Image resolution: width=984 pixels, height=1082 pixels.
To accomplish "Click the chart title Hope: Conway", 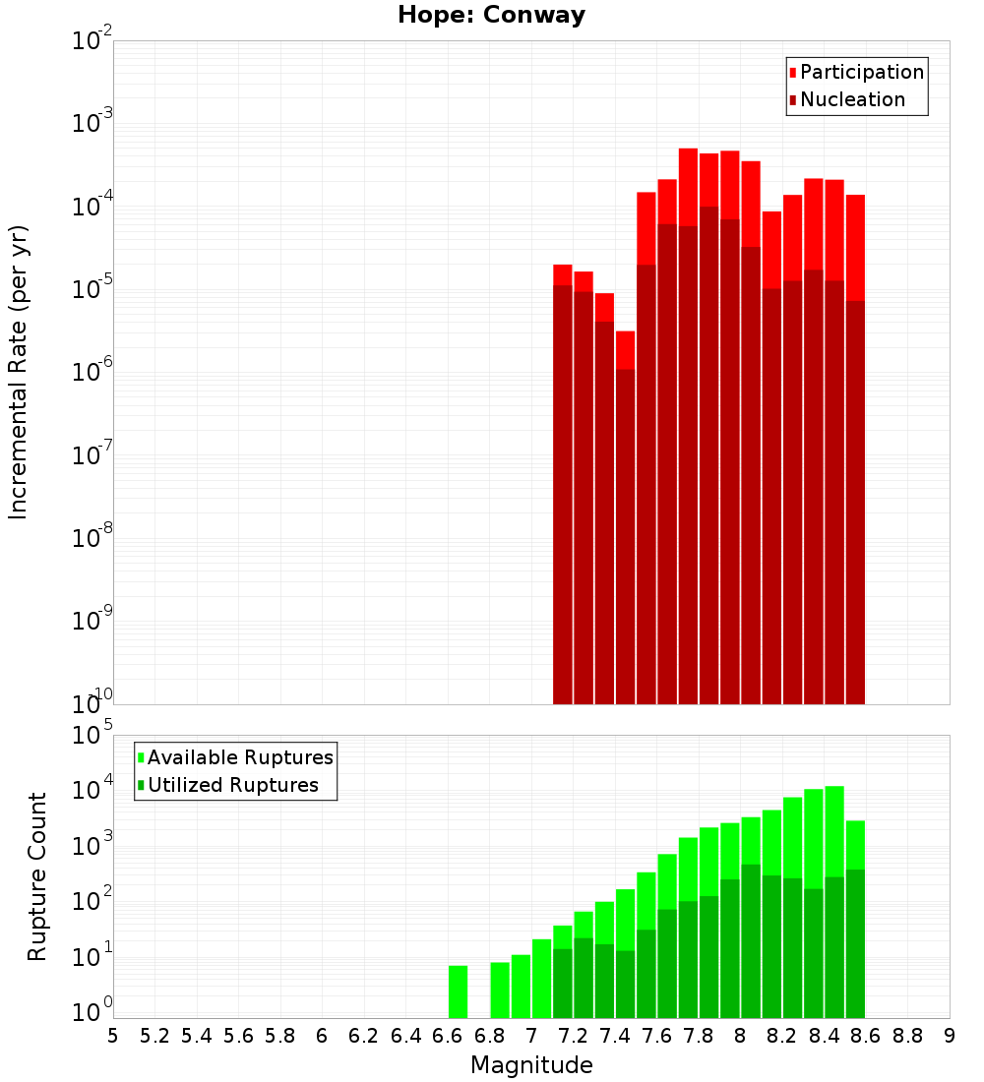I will (x=491, y=16).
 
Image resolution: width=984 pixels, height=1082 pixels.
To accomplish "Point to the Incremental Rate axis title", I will (x=19, y=372).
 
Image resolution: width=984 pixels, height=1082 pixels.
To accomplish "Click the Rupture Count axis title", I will (x=37, y=876).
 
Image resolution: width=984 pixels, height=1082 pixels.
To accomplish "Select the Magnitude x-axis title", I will (x=531, y=1065).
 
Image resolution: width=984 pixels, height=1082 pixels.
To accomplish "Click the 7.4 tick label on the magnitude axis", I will (x=615, y=1036).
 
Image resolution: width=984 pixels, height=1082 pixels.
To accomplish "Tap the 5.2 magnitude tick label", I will (x=155, y=1036).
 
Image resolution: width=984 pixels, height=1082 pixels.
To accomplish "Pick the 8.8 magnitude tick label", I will (x=907, y=1036).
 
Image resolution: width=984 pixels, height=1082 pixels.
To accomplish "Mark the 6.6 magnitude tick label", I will (x=448, y=1036).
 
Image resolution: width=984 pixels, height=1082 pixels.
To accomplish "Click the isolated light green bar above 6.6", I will (x=458, y=992).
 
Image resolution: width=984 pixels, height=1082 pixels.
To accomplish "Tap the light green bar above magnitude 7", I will (x=541, y=979).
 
